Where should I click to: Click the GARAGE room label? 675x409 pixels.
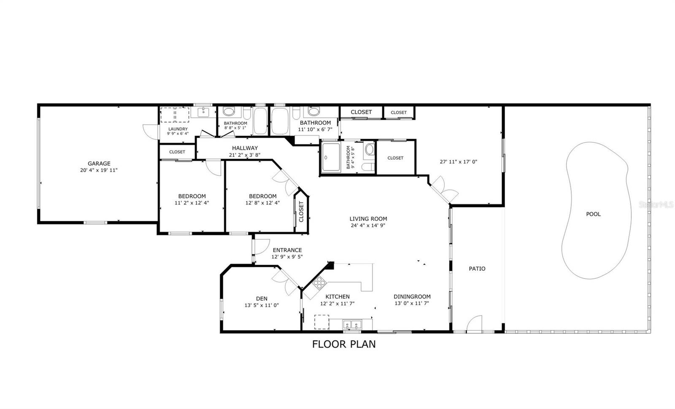click(x=99, y=164)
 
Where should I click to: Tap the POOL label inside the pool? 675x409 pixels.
click(x=593, y=214)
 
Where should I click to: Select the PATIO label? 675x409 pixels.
click(x=477, y=269)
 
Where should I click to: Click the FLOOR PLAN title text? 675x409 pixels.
click(x=343, y=344)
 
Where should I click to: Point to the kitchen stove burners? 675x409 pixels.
click(x=319, y=282)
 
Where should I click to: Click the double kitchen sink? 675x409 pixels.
click(x=351, y=325)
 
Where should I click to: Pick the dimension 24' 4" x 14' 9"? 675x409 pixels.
click(x=368, y=226)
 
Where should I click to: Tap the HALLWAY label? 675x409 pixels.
click(x=245, y=148)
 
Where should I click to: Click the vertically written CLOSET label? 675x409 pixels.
click(x=301, y=212)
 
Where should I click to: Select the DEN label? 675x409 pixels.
click(x=262, y=299)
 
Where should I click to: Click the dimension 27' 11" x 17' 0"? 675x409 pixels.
click(x=458, y=161)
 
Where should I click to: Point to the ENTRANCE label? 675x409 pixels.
click(x=287, y=250)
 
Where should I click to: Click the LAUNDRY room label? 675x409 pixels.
click(x=178, y=129)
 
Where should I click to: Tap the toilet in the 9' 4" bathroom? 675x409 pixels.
click(x=369, y=150)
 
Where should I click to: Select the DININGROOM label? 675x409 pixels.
click(x=412, y=296)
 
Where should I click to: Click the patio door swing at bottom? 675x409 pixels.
click(x=474, y=324)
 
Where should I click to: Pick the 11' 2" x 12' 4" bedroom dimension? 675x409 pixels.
click(x=192, y=203)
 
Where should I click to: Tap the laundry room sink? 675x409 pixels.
click(x=204, y=112)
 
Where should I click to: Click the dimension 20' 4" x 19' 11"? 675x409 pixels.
click(x=99, y=170)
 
